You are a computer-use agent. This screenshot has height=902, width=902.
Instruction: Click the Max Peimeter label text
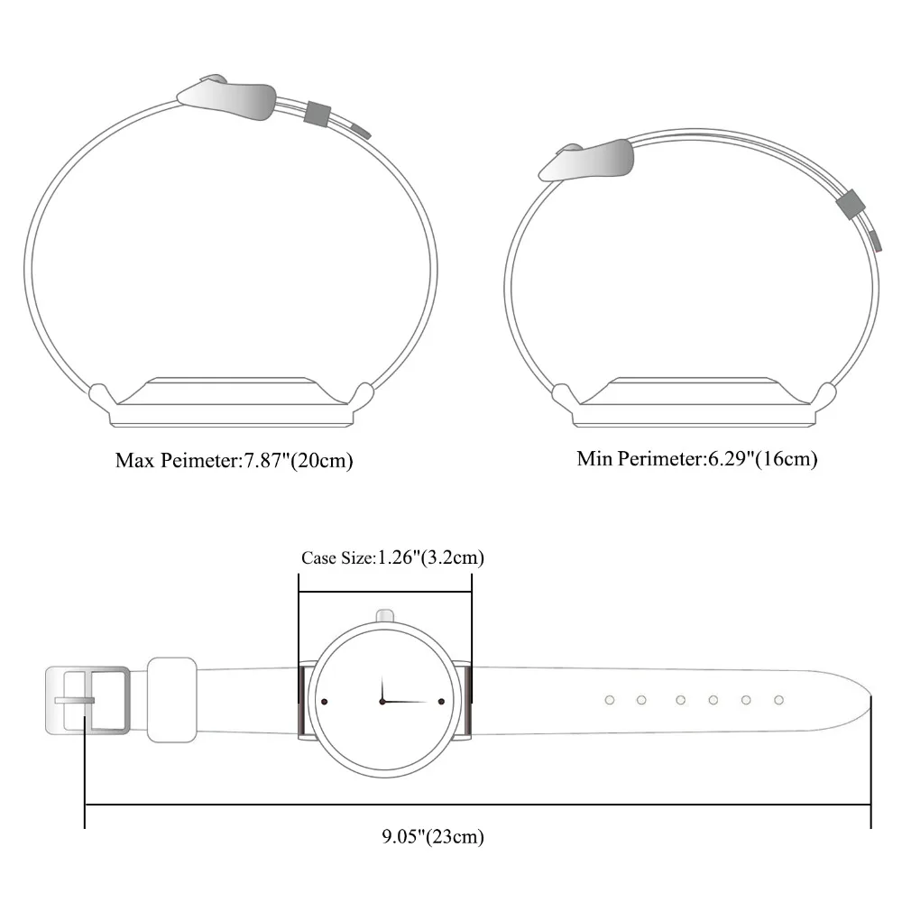coord(234,461)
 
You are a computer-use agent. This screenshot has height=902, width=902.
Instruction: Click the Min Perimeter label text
coord(697,459)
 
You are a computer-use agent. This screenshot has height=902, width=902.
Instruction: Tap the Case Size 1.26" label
coord(393,557)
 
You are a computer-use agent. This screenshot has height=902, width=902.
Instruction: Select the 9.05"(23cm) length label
coord(433,836)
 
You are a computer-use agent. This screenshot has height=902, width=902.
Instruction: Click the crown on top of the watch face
coord(385,615)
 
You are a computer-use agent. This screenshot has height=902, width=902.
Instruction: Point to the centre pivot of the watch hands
coord(382,701)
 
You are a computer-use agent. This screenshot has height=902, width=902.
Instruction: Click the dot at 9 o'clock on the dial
coord(325,702)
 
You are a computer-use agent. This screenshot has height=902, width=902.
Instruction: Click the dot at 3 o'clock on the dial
coord(441,702)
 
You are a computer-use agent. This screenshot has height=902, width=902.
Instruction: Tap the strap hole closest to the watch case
coord(610,700)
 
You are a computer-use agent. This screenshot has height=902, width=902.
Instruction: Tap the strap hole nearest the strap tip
coord(779,700)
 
